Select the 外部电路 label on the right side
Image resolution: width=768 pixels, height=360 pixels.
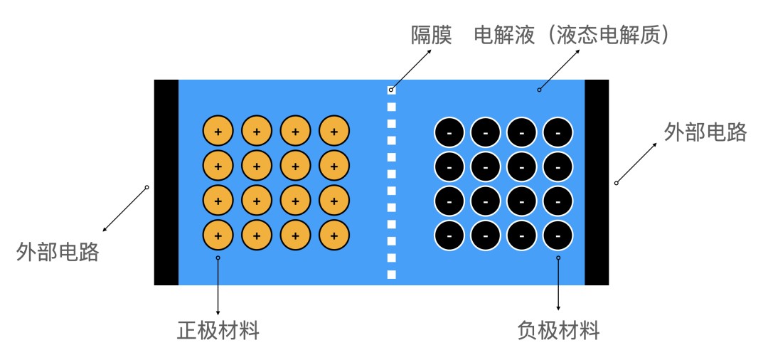(705, 132)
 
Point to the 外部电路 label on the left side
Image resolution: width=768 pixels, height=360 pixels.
(58, 252)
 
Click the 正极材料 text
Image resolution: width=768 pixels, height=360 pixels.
(218, 331)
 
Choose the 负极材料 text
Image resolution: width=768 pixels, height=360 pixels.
(558, 331)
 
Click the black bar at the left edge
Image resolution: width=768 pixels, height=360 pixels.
(166, 182)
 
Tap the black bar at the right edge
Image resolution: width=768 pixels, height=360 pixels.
(597, 182)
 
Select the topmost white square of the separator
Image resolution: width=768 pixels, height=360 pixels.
(391, 90)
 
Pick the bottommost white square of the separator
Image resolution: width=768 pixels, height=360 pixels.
(391, 275)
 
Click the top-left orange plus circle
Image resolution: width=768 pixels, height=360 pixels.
(218, 132)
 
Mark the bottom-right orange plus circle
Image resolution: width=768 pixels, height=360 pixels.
(334, 234)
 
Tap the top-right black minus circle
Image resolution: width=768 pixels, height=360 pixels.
(558, 132)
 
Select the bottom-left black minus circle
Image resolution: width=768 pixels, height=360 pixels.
(449, 234)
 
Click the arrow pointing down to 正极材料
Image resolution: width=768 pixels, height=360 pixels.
(218, 285)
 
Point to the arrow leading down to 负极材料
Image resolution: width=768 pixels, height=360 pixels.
(558, 285)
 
